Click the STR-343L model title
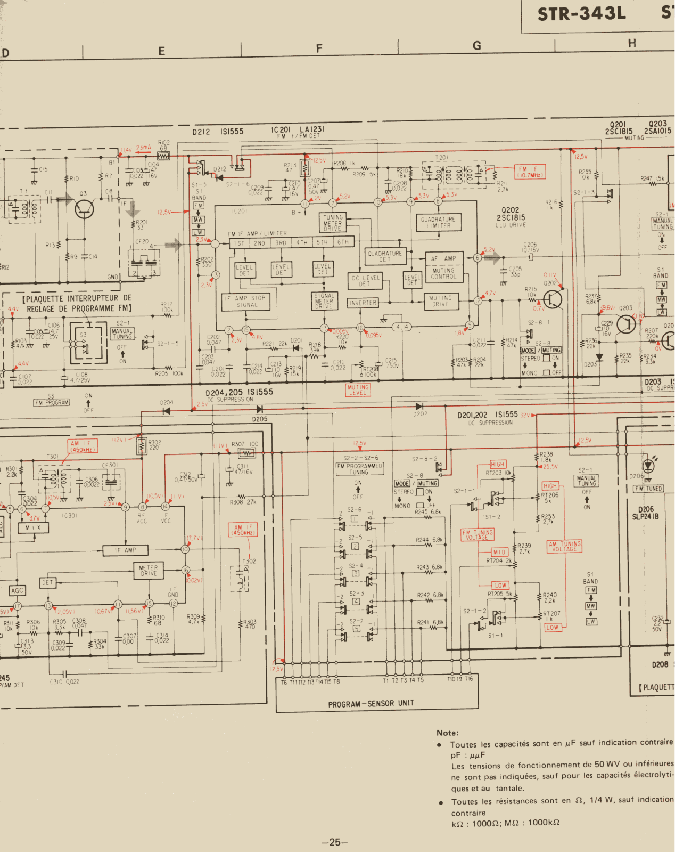point(581,14)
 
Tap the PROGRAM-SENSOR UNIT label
point(371,704)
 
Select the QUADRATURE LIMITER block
point(438,222)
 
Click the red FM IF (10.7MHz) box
point(530,172)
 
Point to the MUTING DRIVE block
point(440,301)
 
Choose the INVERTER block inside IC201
point(363,303)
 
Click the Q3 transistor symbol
point(84,208)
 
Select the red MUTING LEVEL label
point(358,390)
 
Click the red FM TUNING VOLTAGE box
point(477,535)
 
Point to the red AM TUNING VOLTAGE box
point(564,546)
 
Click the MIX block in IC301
point(33,527)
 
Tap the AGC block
point(17,590)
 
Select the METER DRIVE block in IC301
point(149,571)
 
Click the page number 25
point(335,842)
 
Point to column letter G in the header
point(476,46)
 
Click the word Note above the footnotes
point(447,733)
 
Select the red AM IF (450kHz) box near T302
point(243,530)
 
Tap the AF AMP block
point(443,258)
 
